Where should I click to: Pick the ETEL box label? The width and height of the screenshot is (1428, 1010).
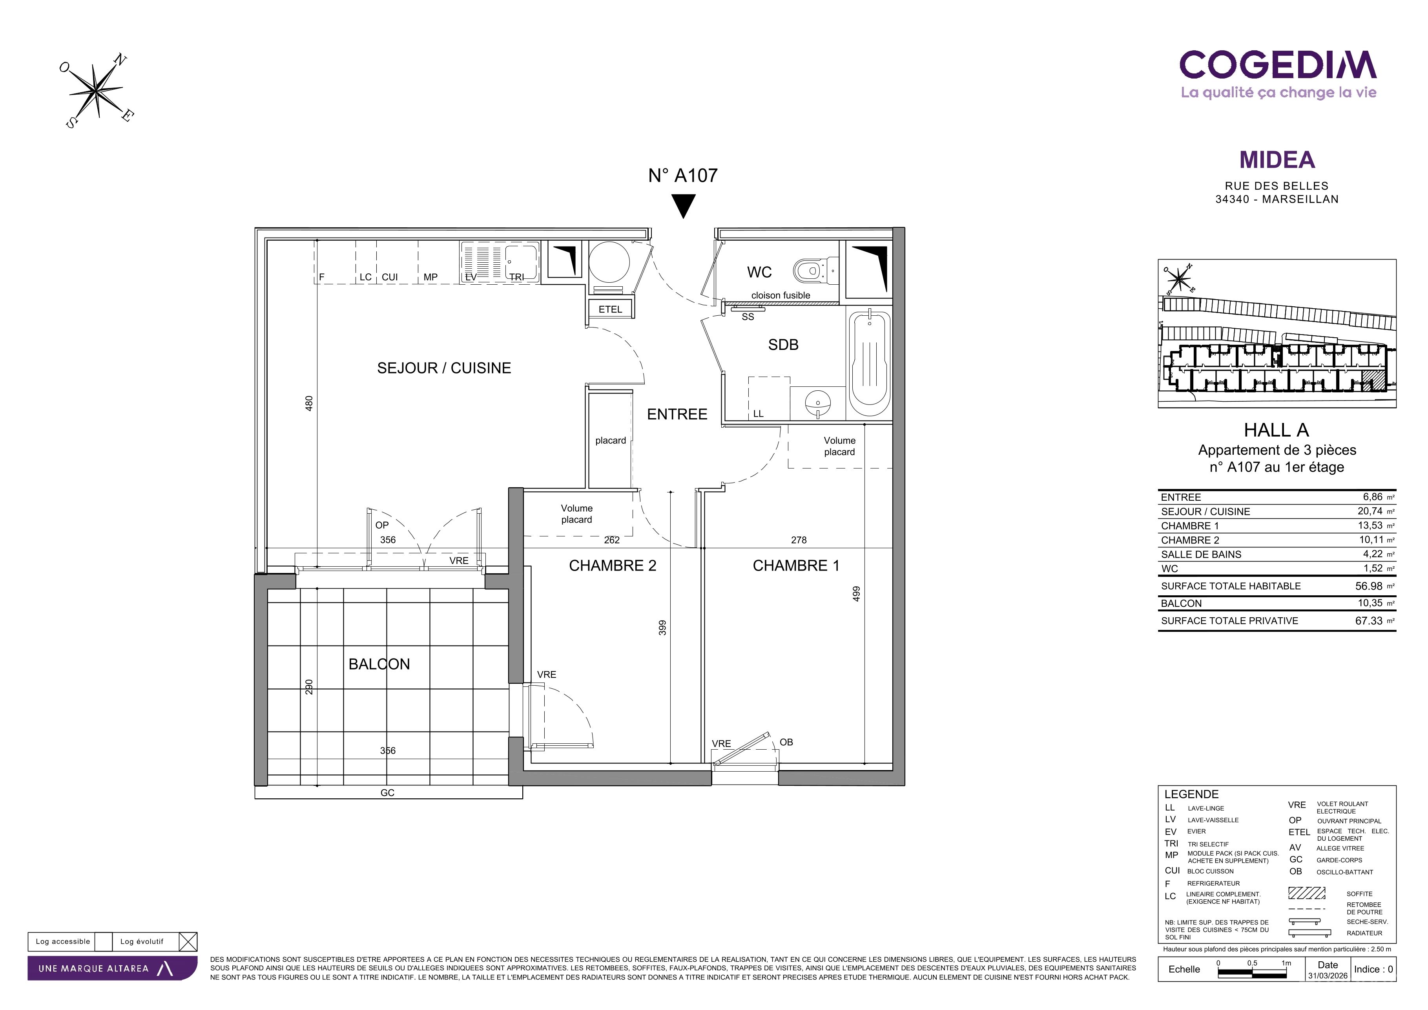[x=610, y=309]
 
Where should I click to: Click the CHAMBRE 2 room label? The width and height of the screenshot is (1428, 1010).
[x=613, y=566]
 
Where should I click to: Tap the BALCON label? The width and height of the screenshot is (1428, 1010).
[x=379, y=664]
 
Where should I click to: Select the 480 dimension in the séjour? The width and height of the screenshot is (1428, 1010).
[x=309, y=403]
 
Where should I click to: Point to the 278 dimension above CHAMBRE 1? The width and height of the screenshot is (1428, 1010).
[x=799, y=540]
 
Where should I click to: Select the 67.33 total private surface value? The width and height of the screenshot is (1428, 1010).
[x=1369, y=620]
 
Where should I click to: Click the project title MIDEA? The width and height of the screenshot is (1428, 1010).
[x=1277, y=160]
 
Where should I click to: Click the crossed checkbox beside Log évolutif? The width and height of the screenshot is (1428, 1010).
[x=188, y=942]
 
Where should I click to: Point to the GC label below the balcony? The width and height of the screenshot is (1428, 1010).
[x=387, y=793]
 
